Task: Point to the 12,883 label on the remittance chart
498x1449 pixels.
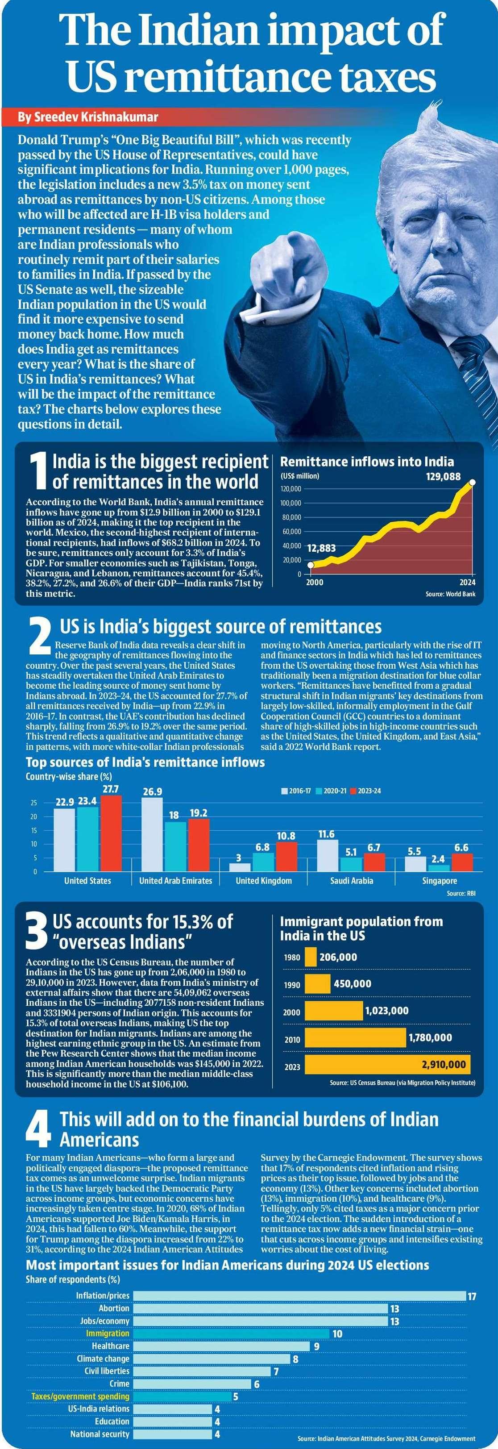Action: pyautogui.click(x=321, y=548)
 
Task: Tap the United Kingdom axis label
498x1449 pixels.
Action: pyautogui.click(x=264, y=881)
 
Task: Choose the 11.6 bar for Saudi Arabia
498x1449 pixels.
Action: pyautogui.click(x=327, y=855)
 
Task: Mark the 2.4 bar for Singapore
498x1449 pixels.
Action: pyautogui.click(x=438, y=867)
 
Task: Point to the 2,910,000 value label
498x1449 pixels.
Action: pyautogui.click(x=444, y=1064)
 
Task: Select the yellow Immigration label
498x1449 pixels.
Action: pyautogui.click(x=108, y=1334)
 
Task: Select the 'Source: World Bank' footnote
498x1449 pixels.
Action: pyautogui.click(x=450, y=594)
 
